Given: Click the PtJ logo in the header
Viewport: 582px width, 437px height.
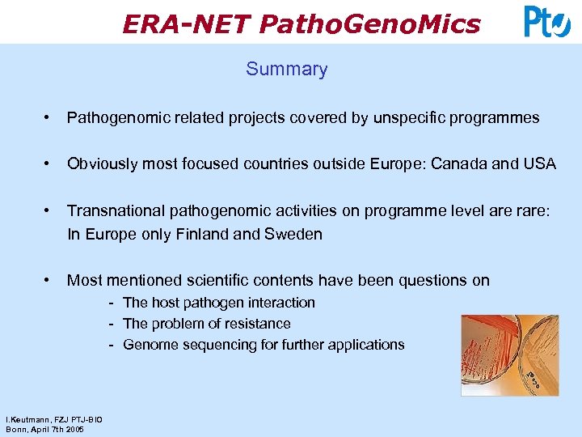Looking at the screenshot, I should [x=547, y=22].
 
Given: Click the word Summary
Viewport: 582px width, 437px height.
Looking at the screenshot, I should [x=287, y=69].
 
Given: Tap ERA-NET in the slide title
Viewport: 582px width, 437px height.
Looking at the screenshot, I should [x=187, y=24].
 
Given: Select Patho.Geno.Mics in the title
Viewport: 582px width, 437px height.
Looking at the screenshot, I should [x=370, y=24].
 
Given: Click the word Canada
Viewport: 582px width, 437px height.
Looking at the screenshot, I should [x=459, y=164].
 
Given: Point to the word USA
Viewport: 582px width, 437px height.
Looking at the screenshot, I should [x=540, y=164].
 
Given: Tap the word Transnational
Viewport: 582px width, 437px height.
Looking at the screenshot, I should [x=114, y=211].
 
